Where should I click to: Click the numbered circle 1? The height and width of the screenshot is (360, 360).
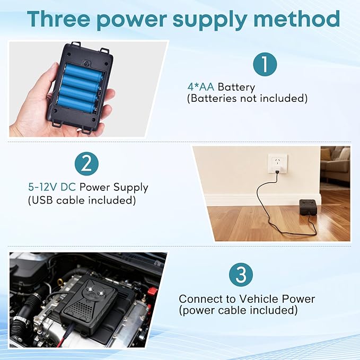265,64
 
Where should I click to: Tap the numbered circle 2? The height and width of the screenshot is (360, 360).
86,164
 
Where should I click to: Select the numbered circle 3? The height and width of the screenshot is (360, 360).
241,275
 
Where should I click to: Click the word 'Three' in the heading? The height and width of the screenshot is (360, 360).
58,19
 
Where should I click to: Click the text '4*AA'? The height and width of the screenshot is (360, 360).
201,87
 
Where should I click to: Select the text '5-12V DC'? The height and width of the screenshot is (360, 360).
52,187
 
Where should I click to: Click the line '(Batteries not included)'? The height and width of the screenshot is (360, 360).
247,99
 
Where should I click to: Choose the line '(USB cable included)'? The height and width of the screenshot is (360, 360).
82,200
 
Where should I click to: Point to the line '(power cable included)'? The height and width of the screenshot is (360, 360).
238,310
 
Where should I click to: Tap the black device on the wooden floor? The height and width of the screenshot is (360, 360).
309,207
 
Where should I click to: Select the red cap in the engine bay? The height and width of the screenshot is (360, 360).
153,291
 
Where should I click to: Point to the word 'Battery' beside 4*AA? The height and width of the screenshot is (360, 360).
236,87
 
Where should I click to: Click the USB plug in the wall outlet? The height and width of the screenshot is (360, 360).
277,171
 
